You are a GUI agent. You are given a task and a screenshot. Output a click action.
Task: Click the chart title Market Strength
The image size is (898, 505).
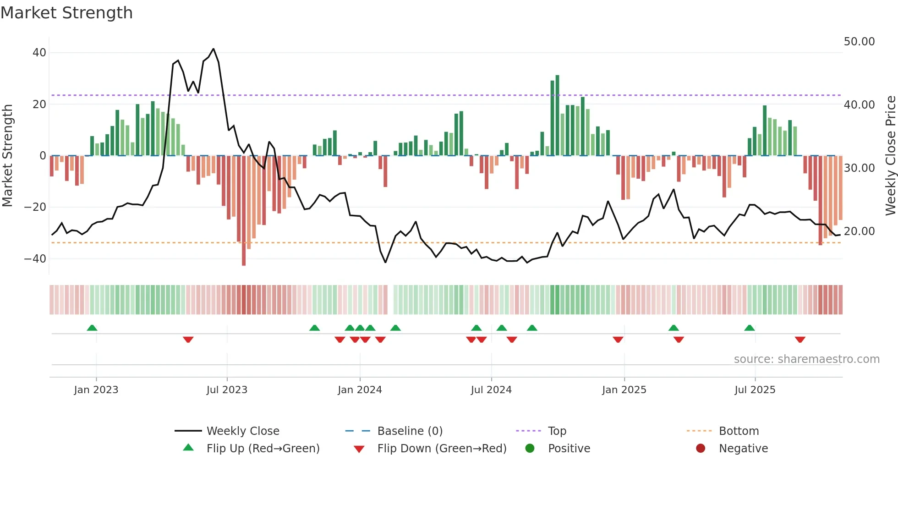pyautogui.click(x=66, y=13)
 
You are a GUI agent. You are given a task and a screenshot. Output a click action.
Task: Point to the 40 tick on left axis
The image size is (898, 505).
pyautogui.click(x=39, y=53)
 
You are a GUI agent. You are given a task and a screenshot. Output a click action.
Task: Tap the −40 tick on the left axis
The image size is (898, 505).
pyautogui.click(x=35, y=259)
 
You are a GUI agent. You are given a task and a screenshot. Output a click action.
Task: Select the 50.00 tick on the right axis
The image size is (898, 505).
pyautogui.click(x=859, y=42)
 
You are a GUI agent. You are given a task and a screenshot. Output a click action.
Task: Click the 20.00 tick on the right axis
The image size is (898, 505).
pyautogui.click(x=859, y=231)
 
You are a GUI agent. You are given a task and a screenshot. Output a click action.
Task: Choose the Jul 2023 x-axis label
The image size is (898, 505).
pyautogui.click(x=227, y=390)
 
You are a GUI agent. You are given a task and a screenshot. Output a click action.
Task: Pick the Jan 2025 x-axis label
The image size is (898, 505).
pyautogui.click(x=624, y=390)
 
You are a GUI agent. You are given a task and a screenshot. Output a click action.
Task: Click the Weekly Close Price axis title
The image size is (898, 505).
pyautogui.click(x=890, y=156)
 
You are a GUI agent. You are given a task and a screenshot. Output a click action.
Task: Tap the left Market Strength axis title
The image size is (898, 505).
pyautogui.click(x=7, y=156)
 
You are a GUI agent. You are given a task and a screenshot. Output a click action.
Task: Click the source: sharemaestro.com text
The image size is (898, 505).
pyautogui.click(x=806, y=359)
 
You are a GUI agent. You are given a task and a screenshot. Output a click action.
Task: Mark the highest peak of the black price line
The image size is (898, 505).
pyautogui.click(x=214, y=49)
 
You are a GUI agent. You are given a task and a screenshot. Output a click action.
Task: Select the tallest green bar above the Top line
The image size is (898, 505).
pyautogui.click(x=557, y=115)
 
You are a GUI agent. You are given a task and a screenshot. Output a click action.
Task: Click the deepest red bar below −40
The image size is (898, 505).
pyautogui.click(x=244, y=211)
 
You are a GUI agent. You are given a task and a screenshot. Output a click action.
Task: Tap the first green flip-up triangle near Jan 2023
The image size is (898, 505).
pyautogui.click(x=92, y=328)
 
